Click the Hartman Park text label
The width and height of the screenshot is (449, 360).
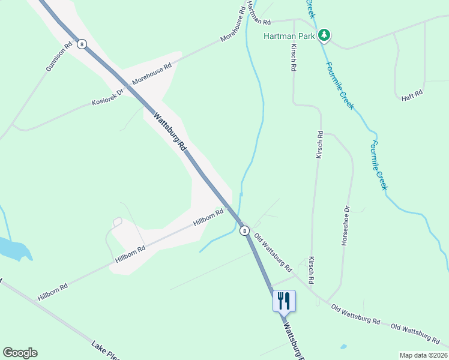[289, 36]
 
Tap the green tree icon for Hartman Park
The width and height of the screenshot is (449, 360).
[324, 35]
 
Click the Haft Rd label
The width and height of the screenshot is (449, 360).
[412, 93]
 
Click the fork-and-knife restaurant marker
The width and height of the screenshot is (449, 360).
[285, 301]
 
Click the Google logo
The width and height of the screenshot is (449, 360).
[20, 353]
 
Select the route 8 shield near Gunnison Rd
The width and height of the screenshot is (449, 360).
[82, 44]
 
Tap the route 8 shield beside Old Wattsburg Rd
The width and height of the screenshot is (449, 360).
[244, 230]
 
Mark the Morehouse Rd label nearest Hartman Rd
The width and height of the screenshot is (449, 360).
[233, 25]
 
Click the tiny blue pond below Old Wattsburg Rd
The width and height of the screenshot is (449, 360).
[343, 346]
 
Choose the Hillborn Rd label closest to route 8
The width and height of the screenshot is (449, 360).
[208, 217]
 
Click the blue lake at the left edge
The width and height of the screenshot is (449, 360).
[12, 248]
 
